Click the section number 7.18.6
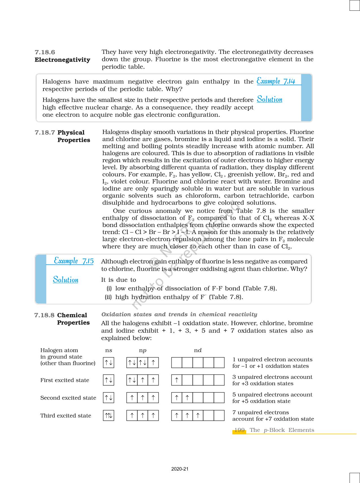pyautogui.click(x=45, y=52)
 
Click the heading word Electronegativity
pyautogui.click(x=62, y=60)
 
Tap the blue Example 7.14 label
pyautogui.click(x=276, y=81)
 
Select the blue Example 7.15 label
pyautogui.click(x=74, y=261)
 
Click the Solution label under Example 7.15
pyautogui.click(x=66, y=280)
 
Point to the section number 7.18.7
pyautogui.click(x=45, y=133)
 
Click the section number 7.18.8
pyautogui.click(x=45, y=315)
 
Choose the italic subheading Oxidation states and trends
pyautogui.click(x=179, y=314)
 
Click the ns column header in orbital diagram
pyautogui.click(x=109, y=350)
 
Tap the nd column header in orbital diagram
pyautogui.click(x=198, y=350)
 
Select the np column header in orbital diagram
pyautogui.click(x=143, y=350)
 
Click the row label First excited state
pyautogui.click(x=65, y=380)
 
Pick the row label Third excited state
pyautogui.click(x=66, y=415)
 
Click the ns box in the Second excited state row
pyautogui.click(x=109, y=398)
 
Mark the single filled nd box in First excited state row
pyautogui.click(x=176, y=380)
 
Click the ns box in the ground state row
pyautogui.click(x=109, y=363)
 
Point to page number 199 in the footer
pyautogui.click(x=239, y=430)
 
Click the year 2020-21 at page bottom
pyautogui.click(x=180, y=469)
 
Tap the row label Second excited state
pyautogui.click(x=68, y=398)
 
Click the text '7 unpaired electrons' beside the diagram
pyautogui.click(x=260, y=412)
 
